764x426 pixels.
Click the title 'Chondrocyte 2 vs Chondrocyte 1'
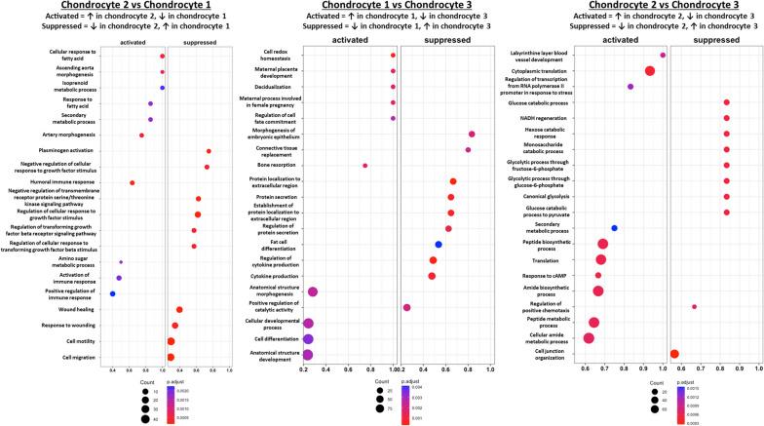(127, 8)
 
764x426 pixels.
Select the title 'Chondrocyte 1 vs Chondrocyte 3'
(382, 8)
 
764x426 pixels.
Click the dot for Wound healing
(179, 309)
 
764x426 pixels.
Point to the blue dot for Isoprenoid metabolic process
(162, 88)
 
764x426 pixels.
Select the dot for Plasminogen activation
(209, 151)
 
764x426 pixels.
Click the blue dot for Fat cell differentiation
(439, 245)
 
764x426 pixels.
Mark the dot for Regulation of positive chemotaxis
(695, 306)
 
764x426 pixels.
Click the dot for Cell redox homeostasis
(393, 56)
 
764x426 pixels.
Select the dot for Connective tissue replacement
(468, 150)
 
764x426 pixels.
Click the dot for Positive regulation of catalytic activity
(406, 307)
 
